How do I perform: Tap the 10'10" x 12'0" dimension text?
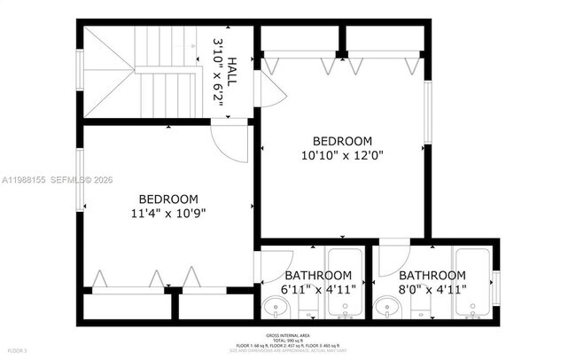pyautogui.click(x=342, y=154)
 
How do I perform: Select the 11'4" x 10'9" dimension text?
pyautogui.click(x=167, y=213)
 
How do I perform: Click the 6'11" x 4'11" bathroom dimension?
pyautogui.click(x=318, y=288)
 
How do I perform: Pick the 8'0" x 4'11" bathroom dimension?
pyautogui.click(x=432, y=288)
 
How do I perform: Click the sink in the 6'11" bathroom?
pyautogui.click(x=276, y=309)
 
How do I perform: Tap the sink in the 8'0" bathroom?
pyautogui.click(x=386, y=309)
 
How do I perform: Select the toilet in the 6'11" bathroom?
pyautogui.click(x=307, y=310)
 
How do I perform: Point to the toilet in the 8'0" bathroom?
pyautogui.click(x=420, y=310)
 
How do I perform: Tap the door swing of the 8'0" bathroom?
pyautogui.click(x=391, y=262)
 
